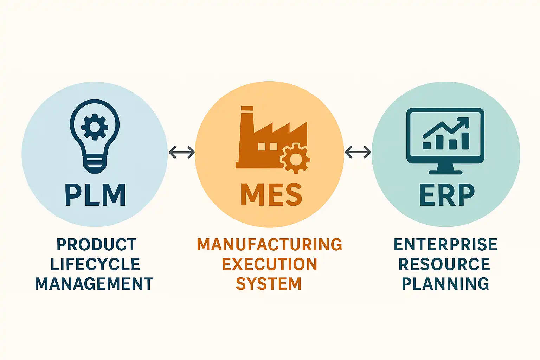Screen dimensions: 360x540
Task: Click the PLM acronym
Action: point(95,195)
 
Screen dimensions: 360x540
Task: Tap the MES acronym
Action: point(271,195)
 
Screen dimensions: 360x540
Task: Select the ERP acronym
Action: point(446,195)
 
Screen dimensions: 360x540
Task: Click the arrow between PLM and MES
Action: point(181,152)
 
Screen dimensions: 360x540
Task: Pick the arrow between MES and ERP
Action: point(358,152)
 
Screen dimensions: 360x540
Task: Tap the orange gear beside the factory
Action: point(296,159)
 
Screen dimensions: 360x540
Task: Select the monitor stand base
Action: point(445,172)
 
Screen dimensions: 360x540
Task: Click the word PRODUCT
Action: point(96,245)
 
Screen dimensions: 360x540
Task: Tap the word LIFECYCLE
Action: point(95,264)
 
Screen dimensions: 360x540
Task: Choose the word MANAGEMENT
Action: point(94,284)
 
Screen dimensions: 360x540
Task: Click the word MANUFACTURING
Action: point(269,245)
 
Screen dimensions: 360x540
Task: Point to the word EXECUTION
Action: point(269,264)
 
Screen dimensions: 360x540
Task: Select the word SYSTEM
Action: point(269,284)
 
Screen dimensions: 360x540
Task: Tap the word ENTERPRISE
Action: point(445,245)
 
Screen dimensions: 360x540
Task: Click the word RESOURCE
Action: point(444,264)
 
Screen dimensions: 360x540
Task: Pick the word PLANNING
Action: point(445,284)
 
